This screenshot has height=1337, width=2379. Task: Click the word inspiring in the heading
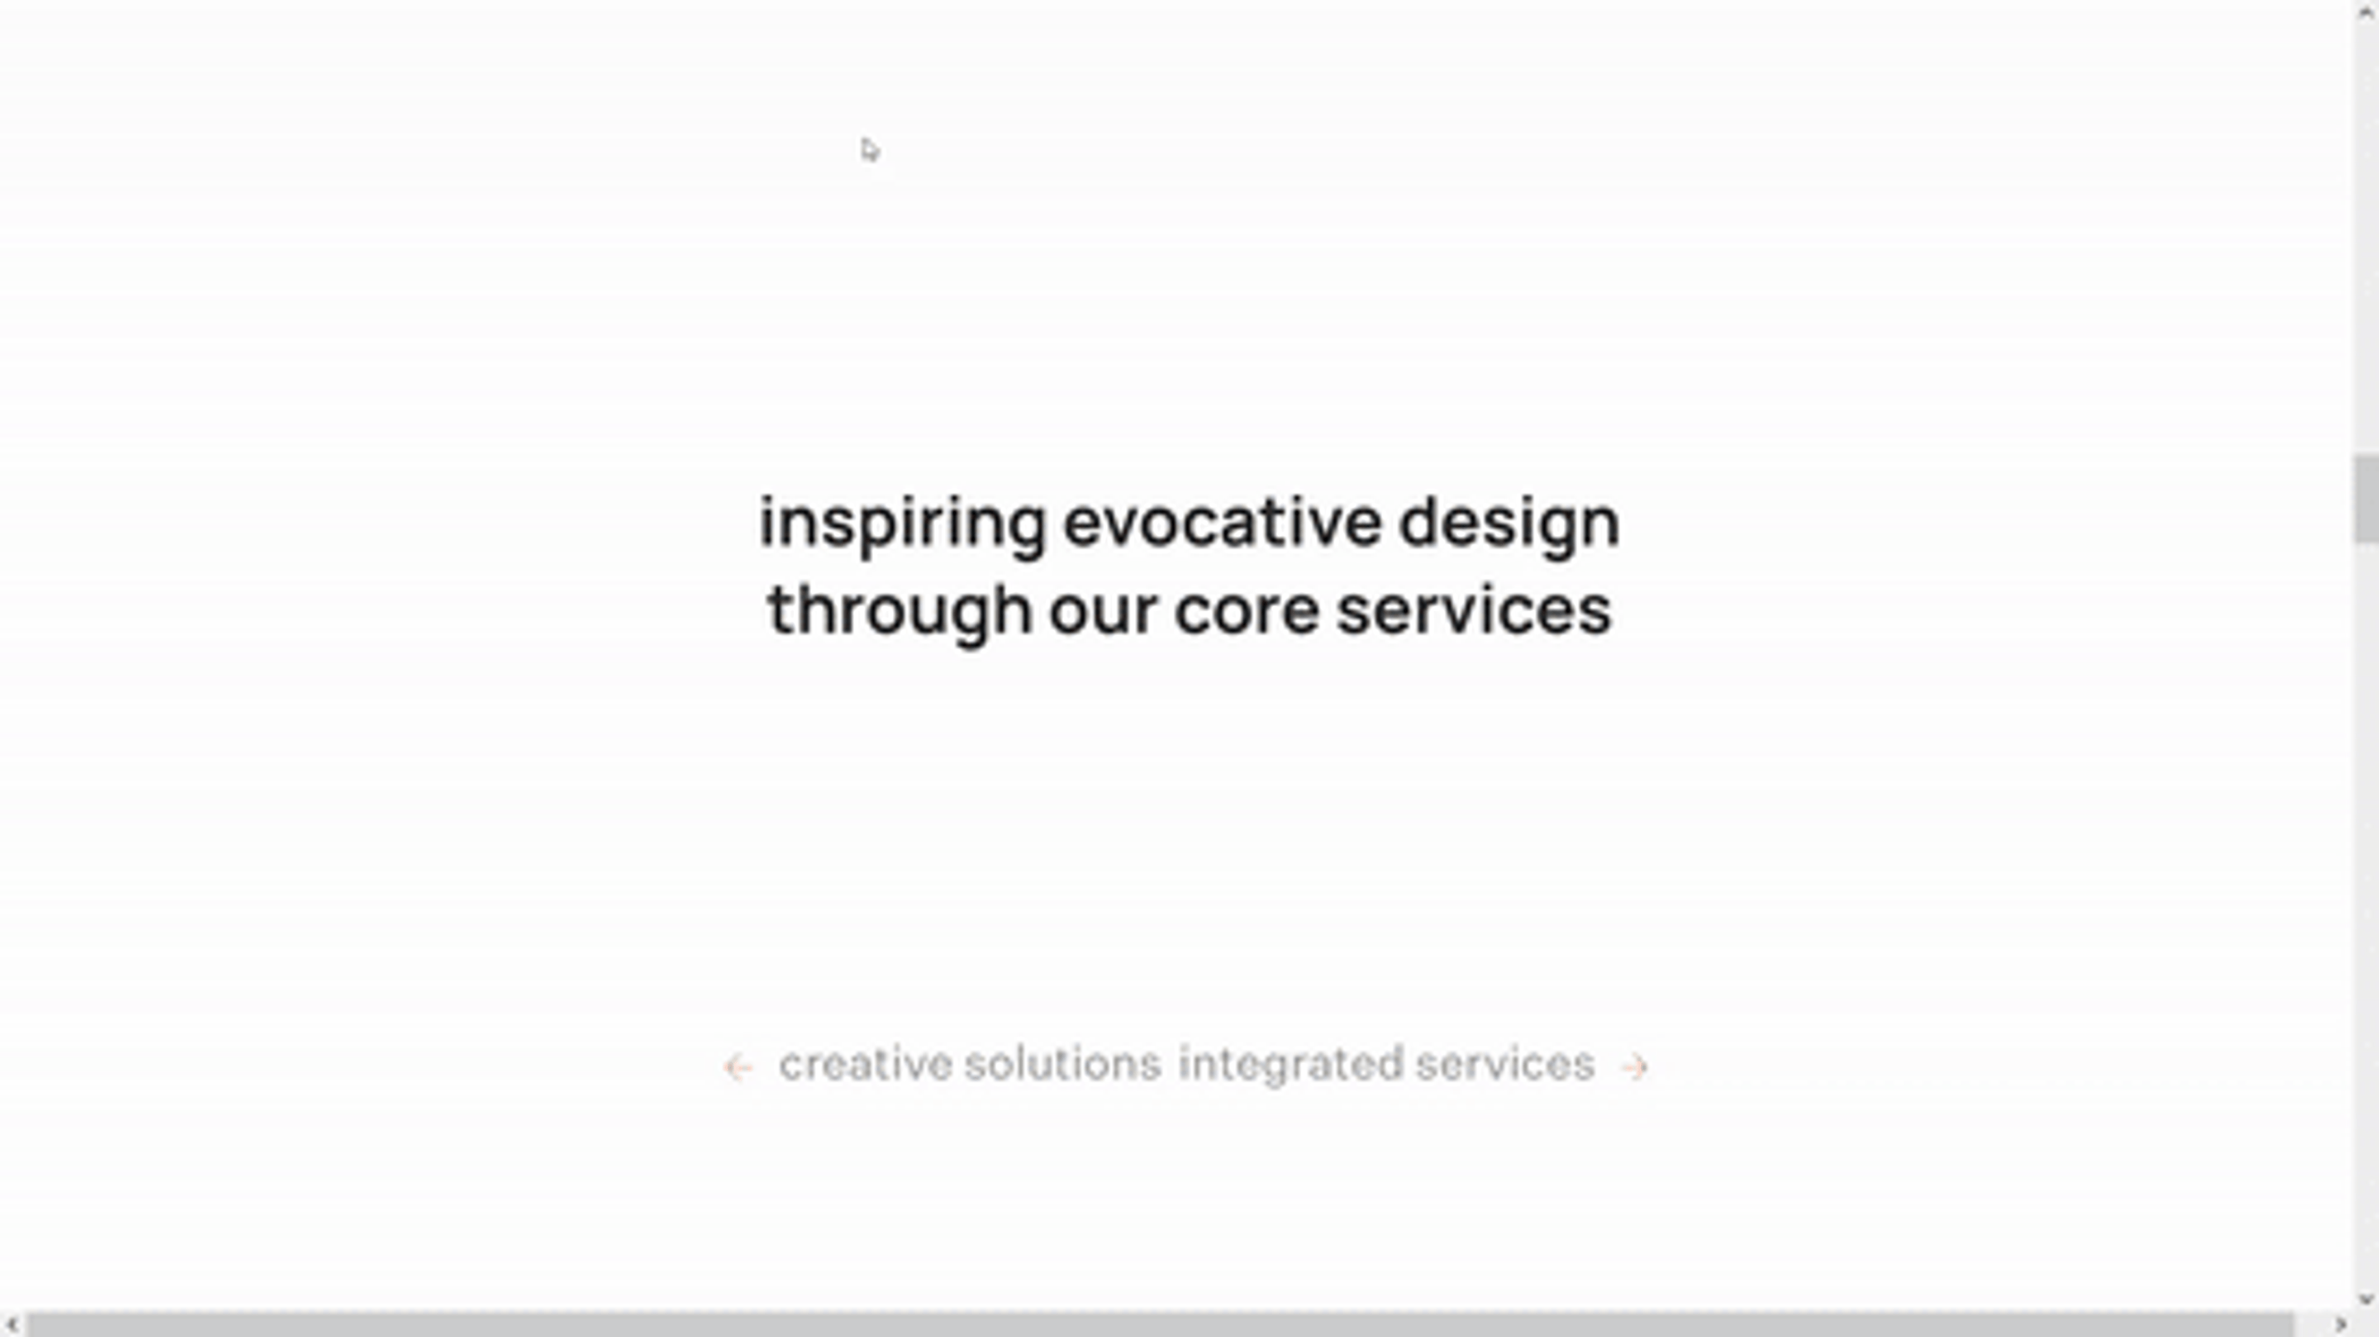click(902, 525)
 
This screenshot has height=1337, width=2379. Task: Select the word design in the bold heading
click(1509, 525)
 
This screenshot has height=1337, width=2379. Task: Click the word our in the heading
click(1103, 613)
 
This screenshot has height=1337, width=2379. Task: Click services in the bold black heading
click(1474, 612)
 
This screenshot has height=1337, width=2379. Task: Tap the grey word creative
click(865, 1064)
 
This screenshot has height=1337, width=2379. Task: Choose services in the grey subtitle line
click(1505, 1064)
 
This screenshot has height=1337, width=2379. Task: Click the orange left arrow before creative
click(738, 1068)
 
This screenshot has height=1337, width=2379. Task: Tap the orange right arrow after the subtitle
click(1635, 1068)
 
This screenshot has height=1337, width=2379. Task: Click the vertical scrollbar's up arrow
click(2366, 11)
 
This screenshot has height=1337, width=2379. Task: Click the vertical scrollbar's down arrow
click(2366, 1300)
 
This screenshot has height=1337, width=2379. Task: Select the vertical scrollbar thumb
click(2366, 499)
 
